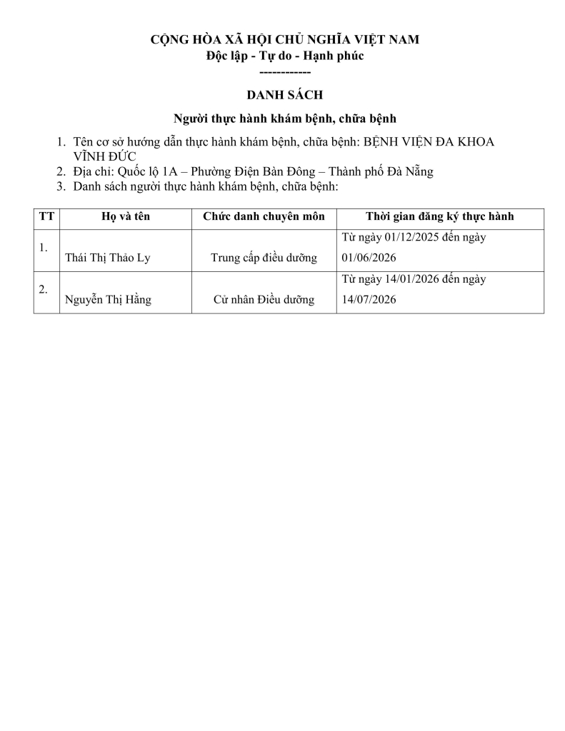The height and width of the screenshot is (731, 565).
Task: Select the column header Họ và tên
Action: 126,217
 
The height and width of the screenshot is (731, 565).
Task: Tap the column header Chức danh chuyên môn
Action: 264,217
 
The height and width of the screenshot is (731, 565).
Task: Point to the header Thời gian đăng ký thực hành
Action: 440,217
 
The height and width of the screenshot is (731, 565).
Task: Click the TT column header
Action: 46,217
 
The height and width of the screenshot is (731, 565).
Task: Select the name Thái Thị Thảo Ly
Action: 107,258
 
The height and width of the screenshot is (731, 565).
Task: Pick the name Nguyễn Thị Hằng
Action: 108,300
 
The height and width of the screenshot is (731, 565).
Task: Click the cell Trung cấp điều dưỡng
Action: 264,258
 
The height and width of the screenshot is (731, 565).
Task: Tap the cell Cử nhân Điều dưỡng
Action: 264,300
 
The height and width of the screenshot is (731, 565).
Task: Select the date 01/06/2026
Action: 369,258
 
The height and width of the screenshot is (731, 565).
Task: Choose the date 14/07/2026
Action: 369,300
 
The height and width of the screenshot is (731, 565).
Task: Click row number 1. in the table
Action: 44,248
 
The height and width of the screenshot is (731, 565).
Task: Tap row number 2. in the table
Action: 44,289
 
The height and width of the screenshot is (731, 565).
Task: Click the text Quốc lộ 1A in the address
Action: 140,171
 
